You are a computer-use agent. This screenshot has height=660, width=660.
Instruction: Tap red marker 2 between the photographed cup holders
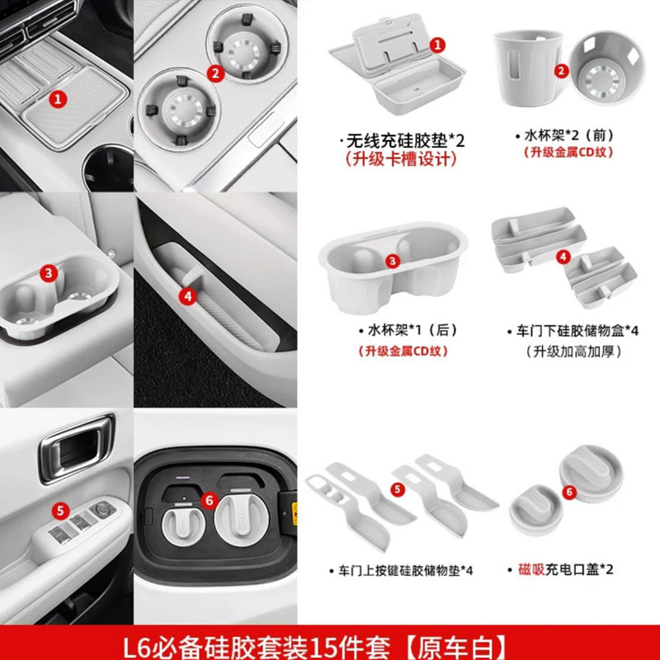[x=216, y=73]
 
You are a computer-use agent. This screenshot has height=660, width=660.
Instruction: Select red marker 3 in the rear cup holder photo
[x=49, y=271]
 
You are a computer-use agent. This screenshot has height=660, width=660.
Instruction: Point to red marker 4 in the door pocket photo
[x=188, y=294]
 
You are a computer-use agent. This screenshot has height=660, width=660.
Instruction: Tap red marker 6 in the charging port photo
[x=208, y=500]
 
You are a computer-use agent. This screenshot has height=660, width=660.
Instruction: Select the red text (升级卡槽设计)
[x=398, y=159]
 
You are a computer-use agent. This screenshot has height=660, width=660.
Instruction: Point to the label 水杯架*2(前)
[x=561, y=134]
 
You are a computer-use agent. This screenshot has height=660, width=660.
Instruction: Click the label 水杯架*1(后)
[x=400, y=330]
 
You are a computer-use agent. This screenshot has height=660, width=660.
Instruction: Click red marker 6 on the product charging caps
[x=567, y=491]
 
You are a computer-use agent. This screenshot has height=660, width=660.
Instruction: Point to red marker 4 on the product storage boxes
[x=563, y=257]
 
